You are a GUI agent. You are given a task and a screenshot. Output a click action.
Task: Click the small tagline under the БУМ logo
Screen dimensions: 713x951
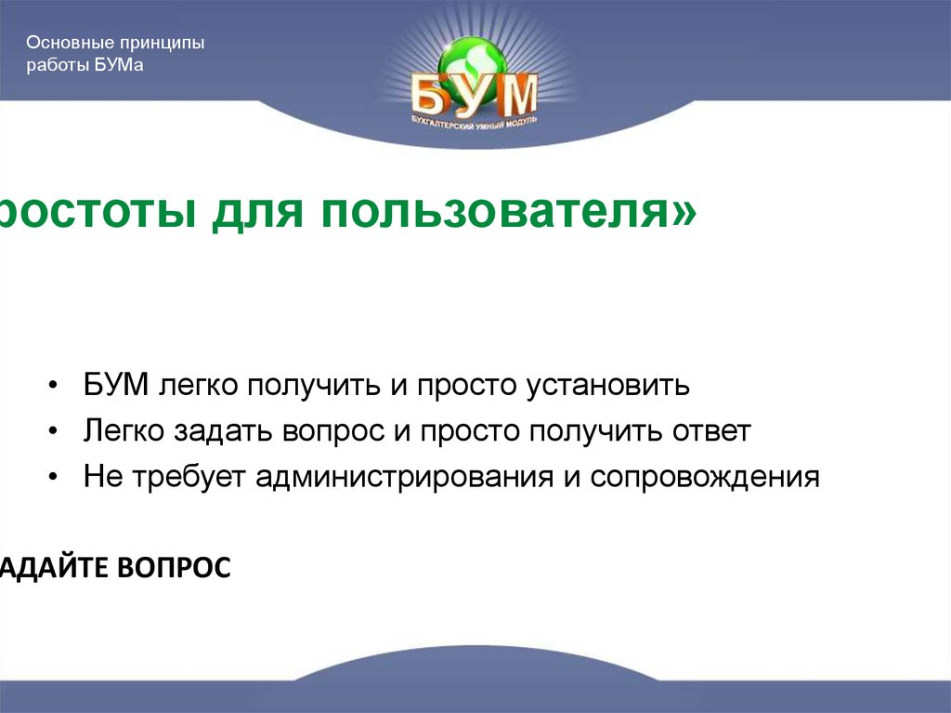475,122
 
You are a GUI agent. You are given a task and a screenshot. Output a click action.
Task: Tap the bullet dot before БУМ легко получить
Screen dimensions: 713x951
58,386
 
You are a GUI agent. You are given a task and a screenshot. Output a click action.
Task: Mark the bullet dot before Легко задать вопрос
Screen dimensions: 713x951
58,432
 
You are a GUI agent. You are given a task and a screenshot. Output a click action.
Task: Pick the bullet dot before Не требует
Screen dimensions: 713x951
58,479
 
